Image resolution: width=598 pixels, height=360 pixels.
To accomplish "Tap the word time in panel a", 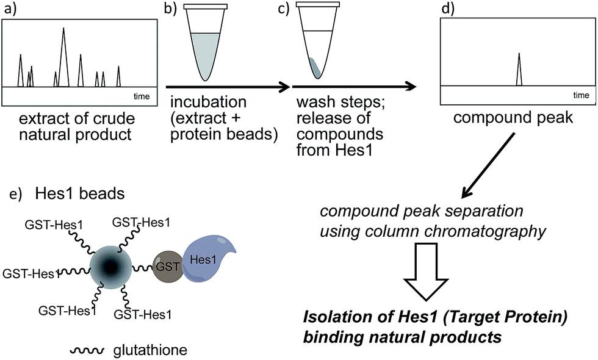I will pos(142,96).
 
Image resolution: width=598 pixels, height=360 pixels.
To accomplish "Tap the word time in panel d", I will pos(581,95).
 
